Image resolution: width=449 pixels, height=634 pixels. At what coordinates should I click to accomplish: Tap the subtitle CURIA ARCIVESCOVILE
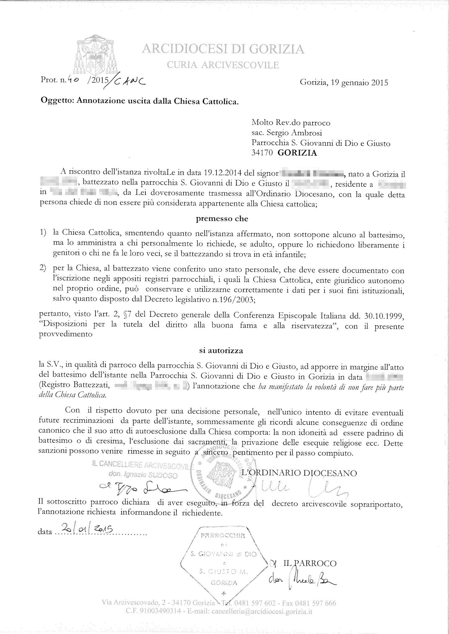(x=223, y=65)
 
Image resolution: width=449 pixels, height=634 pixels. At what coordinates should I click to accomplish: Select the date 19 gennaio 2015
(x=344, y=83)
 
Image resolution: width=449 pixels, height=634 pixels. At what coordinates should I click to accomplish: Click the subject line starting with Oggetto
(x=140, y=101)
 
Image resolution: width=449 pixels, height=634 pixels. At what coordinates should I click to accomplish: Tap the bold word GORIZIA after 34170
(x=297, y=153)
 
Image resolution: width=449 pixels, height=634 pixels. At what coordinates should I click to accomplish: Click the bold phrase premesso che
(x=222, y=219)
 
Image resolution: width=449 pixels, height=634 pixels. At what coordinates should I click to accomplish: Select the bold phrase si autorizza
(x=221, y=351)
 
